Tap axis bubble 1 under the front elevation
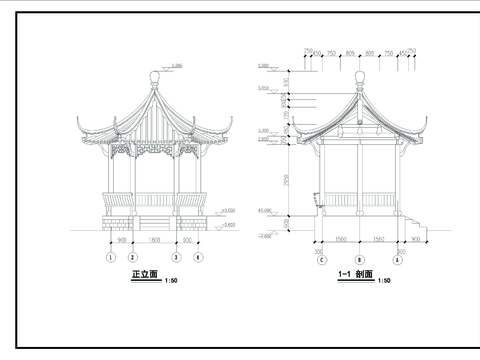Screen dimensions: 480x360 [x=110, y=257]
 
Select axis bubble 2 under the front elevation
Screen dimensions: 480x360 [x=132, y=257]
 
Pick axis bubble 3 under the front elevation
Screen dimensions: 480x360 [x=176, y=257]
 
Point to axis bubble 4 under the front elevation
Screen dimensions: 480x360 [x=198, y=257]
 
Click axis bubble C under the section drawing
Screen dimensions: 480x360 [x=321, y=259]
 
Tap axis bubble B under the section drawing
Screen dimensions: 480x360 [x=359, y=259]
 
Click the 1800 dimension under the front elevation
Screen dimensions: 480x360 [x=154, y=240]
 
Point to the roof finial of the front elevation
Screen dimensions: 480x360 [x=154, y=77]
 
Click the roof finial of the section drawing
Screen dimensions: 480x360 [x=359, y=77]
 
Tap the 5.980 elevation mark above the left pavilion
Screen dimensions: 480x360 [x=177, y=66]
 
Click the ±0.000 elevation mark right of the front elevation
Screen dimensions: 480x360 [x=228, y=211]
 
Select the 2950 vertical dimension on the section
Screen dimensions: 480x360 [x=287, y=180]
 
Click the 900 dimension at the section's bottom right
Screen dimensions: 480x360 [x=415, y=240]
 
